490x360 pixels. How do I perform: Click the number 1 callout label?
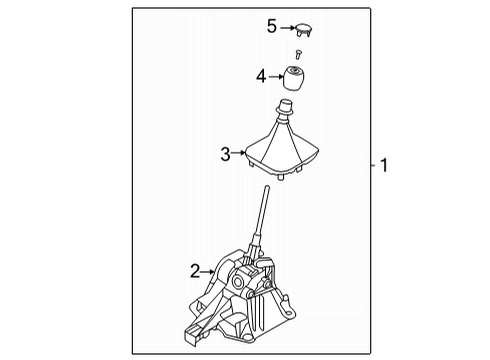(384, 165)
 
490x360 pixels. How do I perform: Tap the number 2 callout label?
(196, 269)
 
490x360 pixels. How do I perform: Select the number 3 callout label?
(226, 153)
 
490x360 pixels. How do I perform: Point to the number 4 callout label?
(260, 76)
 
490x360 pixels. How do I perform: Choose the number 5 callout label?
(271, 26)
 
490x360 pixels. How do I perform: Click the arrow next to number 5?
(287, 27)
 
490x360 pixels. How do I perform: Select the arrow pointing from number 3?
(241, 153)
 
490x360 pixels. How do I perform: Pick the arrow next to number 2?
(210, 269)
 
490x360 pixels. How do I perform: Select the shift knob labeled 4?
(295, 77)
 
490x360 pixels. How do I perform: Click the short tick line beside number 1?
(371, 165)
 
